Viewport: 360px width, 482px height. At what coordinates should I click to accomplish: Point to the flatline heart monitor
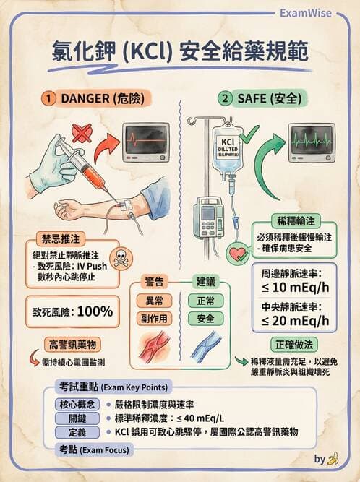coord(145,141)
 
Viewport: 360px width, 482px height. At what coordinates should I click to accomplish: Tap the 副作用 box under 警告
coord(155,318)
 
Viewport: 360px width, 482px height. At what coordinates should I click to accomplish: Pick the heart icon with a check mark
coord(238,254)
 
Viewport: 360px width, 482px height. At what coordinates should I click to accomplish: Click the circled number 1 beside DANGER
coord(48,98)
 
